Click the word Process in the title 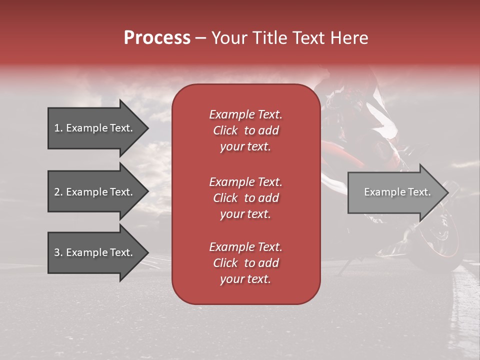157,38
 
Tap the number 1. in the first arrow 58,128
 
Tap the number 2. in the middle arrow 58,192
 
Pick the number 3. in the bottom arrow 58,252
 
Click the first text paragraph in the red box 245,130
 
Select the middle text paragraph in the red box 245,198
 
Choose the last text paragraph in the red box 245,263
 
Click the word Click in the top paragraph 225,130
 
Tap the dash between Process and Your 201,38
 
